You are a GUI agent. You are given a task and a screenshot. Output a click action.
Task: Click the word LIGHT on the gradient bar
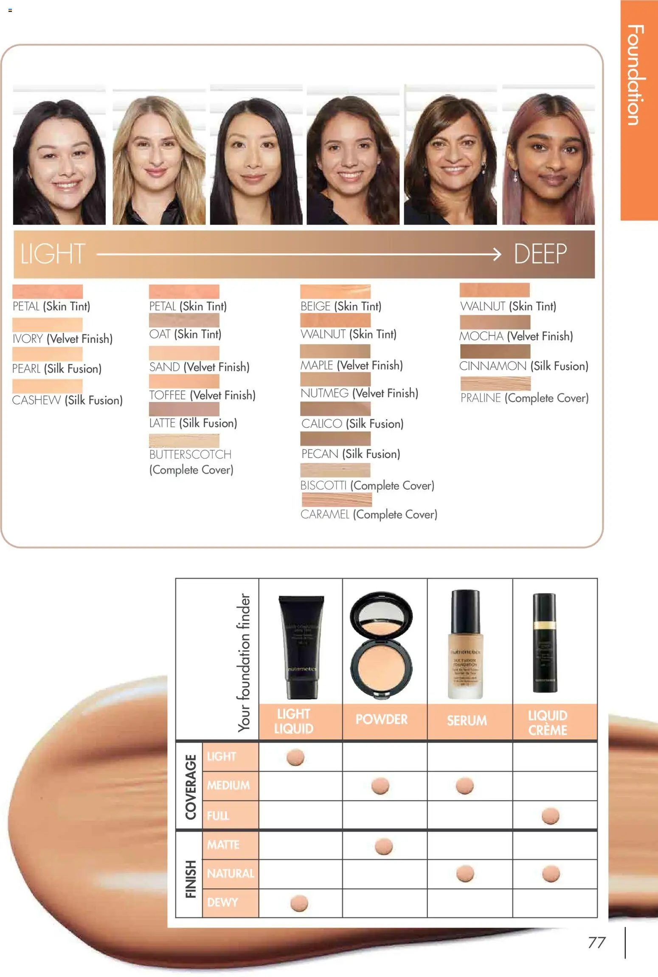pos(53,254)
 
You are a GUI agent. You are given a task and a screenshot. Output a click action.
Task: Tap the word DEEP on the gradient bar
pos(540,254)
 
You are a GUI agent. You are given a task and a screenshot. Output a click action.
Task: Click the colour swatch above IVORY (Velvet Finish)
pos(47,325)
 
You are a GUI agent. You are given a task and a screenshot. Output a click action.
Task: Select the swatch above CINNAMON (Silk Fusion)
pos(495,351)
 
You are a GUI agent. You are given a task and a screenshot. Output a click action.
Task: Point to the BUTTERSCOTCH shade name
pos(190,455)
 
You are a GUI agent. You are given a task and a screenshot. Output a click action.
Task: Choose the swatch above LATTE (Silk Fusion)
pos(184,409)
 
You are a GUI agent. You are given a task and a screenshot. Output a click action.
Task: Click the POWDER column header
pos(381,719)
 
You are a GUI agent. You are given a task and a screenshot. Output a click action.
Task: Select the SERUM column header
pos(467,720)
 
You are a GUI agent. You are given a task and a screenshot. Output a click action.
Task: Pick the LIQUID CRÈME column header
pos(548,722)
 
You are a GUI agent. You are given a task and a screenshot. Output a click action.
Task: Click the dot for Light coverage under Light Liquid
pos(295,757)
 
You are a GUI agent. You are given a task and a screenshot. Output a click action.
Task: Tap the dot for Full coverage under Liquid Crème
pos(551,816)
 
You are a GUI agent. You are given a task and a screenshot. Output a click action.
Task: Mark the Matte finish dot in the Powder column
pos(384,846)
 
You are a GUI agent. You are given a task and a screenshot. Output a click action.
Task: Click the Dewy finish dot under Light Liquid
pos(299,903)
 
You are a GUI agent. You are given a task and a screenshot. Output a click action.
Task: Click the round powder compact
pos(381,645)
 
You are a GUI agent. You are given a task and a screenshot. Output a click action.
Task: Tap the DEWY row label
pos(222,902)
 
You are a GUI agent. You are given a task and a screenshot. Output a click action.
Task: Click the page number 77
pos(596,943)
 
